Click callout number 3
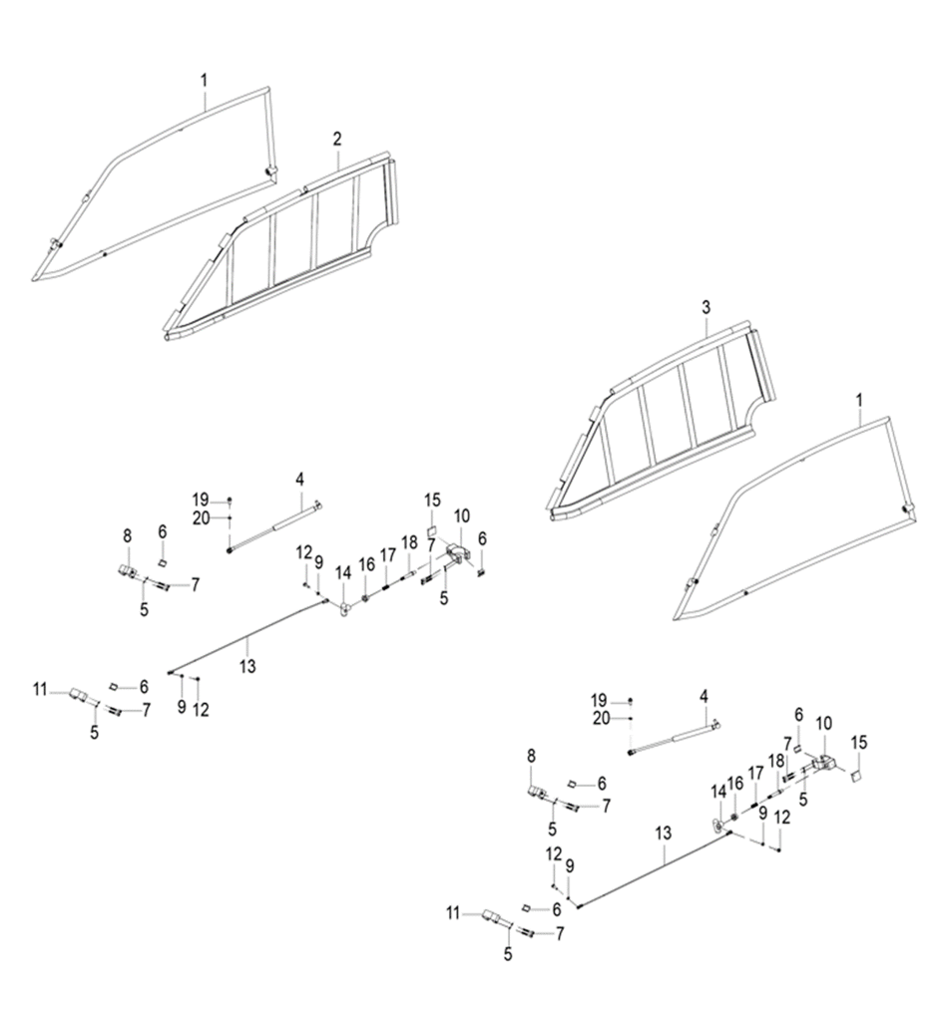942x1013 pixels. coord(706,308)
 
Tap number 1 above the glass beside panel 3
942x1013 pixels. coord(859,399)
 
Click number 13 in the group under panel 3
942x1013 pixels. coord(664,831)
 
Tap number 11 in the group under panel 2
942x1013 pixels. coord(40,688)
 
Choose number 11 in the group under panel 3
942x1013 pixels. coord(455,911)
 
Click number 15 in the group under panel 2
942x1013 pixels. coord(432,499)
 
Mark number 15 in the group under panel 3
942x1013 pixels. coord(859,742)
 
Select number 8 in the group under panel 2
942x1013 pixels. coord(127,535)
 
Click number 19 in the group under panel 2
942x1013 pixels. coord(201,499)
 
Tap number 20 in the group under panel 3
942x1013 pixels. coord(600,717)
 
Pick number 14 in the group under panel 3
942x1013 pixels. coord(716,791)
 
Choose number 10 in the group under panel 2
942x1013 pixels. coord(461,515)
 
